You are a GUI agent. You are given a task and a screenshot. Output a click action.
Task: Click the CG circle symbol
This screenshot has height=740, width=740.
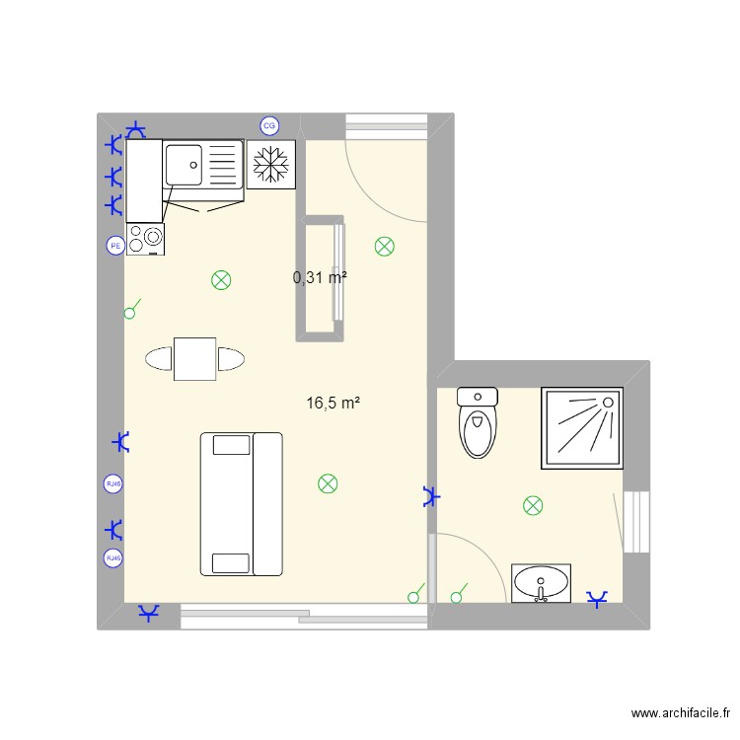[268, 125]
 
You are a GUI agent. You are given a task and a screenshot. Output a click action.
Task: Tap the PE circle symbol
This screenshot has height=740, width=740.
[114, 246]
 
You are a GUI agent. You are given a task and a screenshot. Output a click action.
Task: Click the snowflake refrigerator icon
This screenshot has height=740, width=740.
[270, 165]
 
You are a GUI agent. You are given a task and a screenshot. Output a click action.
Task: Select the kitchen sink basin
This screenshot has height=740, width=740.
[185, 164]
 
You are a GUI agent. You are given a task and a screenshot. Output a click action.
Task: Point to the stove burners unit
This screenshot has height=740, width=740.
[146, 238]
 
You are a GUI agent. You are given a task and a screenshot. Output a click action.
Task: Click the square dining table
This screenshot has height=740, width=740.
[195, 358]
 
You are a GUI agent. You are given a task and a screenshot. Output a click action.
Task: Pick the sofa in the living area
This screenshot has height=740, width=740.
[242, 503]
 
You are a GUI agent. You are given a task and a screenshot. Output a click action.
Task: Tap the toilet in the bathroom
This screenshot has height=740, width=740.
[479, 423]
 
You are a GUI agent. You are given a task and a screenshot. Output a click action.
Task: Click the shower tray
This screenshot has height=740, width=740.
[581, 428]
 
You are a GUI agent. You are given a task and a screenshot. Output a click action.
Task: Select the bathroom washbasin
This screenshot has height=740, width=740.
[541, 582]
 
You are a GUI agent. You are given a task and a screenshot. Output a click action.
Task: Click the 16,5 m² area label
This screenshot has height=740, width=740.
[333, 403]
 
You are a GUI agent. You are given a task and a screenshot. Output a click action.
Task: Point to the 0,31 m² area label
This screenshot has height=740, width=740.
[320, 278]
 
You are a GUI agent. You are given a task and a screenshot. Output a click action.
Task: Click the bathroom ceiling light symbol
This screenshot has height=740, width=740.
[533, 506]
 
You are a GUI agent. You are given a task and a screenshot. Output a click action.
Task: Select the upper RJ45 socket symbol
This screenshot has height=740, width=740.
[114, 483]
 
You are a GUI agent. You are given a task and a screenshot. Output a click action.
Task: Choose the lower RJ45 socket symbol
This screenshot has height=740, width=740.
[114, 558]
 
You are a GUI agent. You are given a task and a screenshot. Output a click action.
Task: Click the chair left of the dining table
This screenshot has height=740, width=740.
[159, 358]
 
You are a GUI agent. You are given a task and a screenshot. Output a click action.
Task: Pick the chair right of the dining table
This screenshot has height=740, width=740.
[232, 358]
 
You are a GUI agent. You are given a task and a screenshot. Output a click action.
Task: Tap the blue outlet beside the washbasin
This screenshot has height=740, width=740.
[597, 599]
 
